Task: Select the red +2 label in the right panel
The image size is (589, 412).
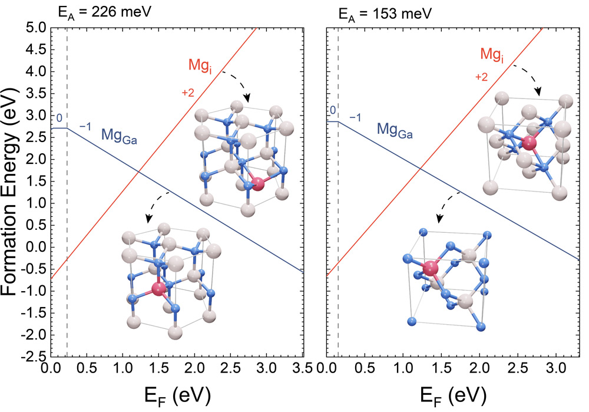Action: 481,77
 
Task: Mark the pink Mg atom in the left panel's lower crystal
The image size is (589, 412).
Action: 158,289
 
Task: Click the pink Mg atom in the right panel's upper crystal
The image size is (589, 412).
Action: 530,143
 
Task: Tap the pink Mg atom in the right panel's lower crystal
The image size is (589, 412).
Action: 431,269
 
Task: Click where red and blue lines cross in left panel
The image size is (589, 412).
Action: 137,171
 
